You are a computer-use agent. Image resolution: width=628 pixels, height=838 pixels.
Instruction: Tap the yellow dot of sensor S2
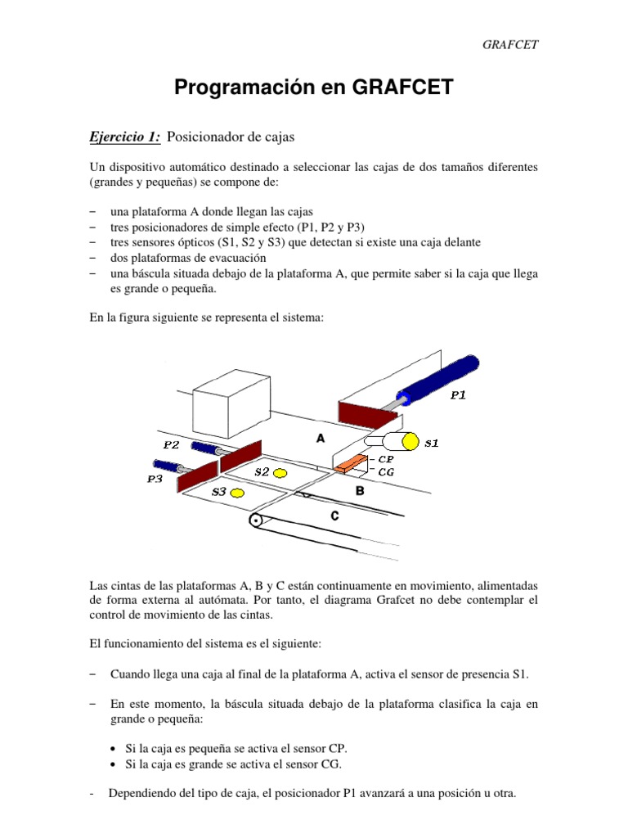280,472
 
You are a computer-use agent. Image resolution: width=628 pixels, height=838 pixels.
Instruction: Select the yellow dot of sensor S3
238,493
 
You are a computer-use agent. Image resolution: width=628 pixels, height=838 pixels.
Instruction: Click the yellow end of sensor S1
410,443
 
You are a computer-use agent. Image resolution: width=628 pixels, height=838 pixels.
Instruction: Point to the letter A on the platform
321,439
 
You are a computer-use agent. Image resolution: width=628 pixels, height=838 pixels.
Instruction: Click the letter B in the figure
359,492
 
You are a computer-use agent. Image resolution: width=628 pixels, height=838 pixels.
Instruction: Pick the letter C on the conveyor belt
334,516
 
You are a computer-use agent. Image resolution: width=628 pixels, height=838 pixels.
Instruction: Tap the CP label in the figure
386,459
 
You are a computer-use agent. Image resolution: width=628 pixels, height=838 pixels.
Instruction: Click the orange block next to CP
349,463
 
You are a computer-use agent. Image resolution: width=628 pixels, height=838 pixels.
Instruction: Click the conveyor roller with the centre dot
258,521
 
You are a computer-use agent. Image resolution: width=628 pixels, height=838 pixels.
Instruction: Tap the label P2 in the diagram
171,445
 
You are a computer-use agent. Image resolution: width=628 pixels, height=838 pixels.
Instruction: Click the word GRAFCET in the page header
512,44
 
